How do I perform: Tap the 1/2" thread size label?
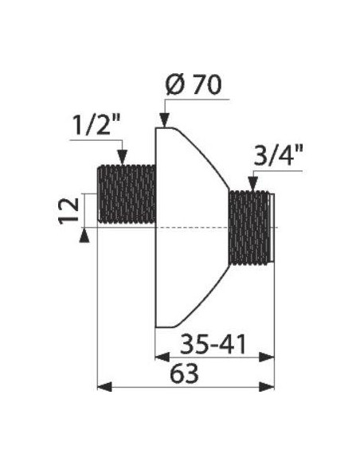(x=96, y=125)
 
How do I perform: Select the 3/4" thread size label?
(x=278, y=156)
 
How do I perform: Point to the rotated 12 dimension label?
(x=68, y=211)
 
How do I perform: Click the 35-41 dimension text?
(x=213, y=344)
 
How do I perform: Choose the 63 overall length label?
(x=184, y=373)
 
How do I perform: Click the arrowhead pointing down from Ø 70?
(x=164, y=120)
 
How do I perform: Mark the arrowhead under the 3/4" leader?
(x=252, y=184)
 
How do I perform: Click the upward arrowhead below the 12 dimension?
(x=84, y=236)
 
